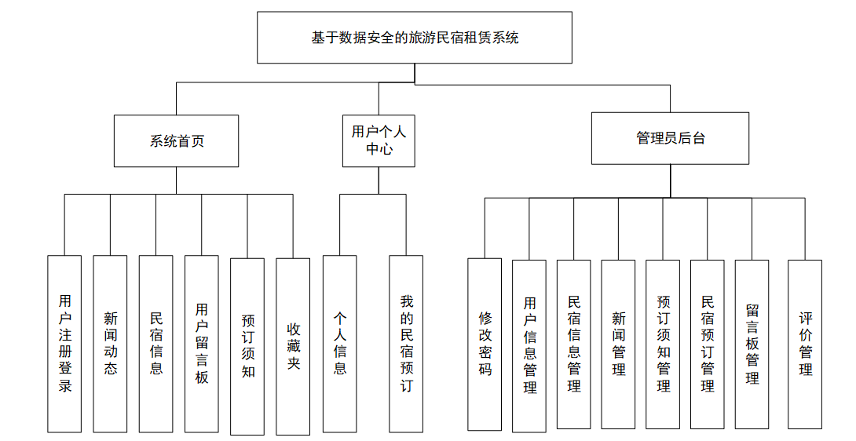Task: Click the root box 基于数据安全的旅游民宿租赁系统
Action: [x=415, y=38]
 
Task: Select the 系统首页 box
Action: [x=177, y=141]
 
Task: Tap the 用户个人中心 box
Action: [x=379, y=140]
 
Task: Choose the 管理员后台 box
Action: [x=670, y=138]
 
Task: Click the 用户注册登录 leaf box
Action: [x=64, y=344]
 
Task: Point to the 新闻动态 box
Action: [x=110, y=344]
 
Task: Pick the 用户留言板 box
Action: [x=202, y=344]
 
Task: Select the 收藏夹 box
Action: [x=293, y=345]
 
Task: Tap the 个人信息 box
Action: [x=339, y=344]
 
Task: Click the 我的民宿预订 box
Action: [x=406, y=344]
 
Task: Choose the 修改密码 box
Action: [x=485, y=344]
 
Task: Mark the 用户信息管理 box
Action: [x=529, y=345]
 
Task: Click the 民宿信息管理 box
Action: [x=574, y=344]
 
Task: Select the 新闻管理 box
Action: [x=618, y=344]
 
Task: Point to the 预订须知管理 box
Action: [x=663, y=344]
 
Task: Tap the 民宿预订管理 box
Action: [x=708, y=344]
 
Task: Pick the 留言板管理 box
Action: [x=752, y=344]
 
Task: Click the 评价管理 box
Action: [x=805, y=344]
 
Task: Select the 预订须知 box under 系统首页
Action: [x=247, y=345]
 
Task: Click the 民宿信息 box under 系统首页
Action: [x=155, y=344]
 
